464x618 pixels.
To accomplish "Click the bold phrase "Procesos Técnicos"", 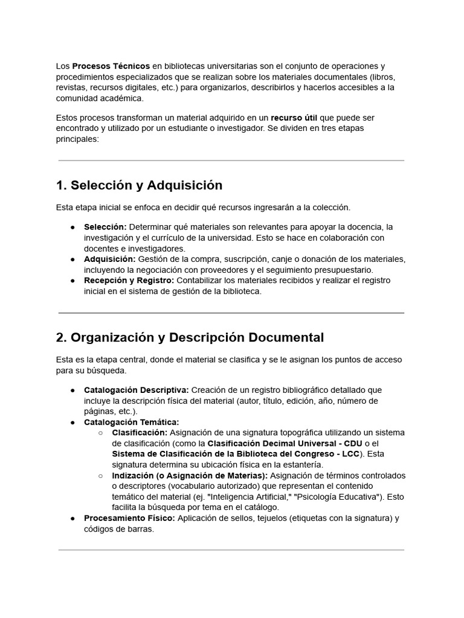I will coord(111,66).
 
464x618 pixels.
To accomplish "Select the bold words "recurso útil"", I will coord(294,118).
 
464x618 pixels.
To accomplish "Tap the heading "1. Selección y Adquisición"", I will coord(139,185).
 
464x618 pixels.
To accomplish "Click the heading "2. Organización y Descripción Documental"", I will coord(190,337).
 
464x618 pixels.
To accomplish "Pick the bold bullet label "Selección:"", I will coord(105,227).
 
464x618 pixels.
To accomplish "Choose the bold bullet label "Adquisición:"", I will coord(109,260).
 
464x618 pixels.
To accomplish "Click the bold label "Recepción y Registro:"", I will coord(129,281).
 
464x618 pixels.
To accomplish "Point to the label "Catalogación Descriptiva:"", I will coord(136,390).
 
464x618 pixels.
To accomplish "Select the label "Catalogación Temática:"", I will coord(131,422).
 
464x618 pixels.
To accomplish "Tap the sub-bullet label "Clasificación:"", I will coord(140,433).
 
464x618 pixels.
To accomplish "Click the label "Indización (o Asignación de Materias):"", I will coord(190,476).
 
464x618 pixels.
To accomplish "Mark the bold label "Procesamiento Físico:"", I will coord(129,518).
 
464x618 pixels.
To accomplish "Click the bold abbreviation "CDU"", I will coord(353,444).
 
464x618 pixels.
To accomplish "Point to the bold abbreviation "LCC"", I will coord(350,454).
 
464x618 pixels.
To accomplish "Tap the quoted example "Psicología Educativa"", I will coord(333,497).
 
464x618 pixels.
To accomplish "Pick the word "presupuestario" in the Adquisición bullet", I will coord(344,270).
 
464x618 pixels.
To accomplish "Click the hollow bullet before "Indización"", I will coord(101,476).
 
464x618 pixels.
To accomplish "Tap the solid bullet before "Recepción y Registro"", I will coord(72,281).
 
